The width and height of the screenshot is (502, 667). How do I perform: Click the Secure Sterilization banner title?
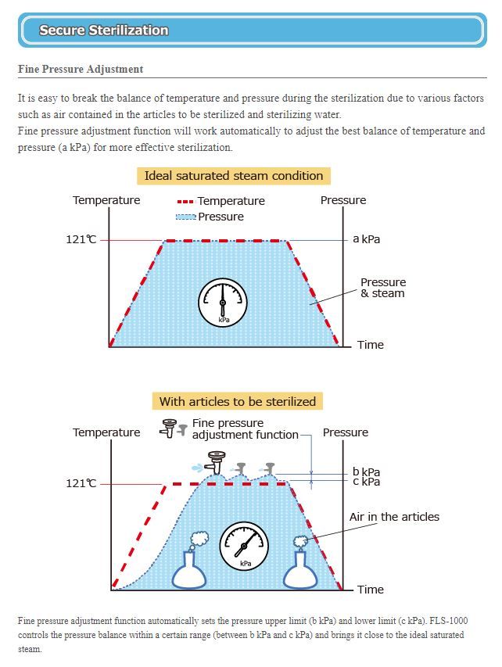104,30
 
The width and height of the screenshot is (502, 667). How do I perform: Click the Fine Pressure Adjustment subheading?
81,70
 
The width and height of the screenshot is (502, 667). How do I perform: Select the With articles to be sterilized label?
238,402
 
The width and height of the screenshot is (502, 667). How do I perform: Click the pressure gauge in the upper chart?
223,302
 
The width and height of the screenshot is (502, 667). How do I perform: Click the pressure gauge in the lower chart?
245,545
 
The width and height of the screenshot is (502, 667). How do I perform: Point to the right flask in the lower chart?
301,569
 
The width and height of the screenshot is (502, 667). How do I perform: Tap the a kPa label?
366,239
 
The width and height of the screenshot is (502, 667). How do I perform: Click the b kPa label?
366,472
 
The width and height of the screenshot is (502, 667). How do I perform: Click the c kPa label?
366,482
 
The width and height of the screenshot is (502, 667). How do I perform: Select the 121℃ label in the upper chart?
81,239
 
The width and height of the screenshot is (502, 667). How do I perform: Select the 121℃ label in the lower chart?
81,483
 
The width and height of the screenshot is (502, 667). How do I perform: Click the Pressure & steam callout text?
382,288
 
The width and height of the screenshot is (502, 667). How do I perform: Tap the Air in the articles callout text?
394,517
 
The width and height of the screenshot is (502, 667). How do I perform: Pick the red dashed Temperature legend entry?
221,201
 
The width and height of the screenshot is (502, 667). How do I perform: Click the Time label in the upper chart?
370,345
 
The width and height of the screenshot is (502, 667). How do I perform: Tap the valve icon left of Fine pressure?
168,428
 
